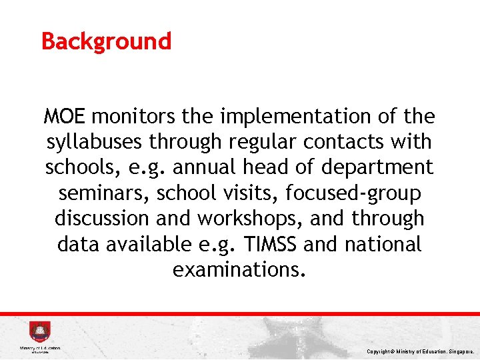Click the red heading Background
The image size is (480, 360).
point(106,41)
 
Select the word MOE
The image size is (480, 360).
point(65,117)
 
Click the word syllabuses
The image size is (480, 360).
point(95,143)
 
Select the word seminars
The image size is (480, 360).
point(104,193)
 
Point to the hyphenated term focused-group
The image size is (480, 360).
point(353,193)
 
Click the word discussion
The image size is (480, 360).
point(106,219)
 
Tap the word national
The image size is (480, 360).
point(383,244)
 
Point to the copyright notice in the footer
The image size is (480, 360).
point(420,351)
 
